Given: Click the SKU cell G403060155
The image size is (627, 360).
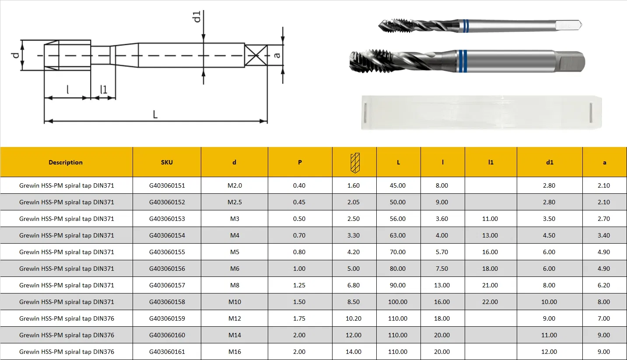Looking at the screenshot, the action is [167, 252].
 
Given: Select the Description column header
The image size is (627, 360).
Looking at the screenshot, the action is [66, 162].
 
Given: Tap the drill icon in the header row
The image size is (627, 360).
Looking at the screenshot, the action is [355, 163].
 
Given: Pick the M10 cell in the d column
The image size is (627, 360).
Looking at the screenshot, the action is [235, 302].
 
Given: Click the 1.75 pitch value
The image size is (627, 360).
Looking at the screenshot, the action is [299, 318].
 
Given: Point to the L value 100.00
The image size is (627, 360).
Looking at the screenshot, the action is [397, 302].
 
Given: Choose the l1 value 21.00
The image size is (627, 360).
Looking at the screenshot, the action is [490, 285].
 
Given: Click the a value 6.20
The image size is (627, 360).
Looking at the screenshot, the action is [603, 285].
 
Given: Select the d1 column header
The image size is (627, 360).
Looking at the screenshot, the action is [550, 162].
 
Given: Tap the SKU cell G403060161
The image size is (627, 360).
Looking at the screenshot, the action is [167, 352].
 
